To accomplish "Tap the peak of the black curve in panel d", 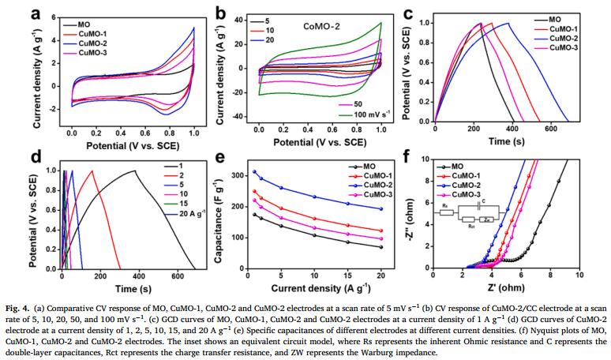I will point(134,171).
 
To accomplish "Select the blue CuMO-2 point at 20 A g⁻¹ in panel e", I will point(381,209).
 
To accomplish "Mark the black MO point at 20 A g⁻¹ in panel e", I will point(381,247).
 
